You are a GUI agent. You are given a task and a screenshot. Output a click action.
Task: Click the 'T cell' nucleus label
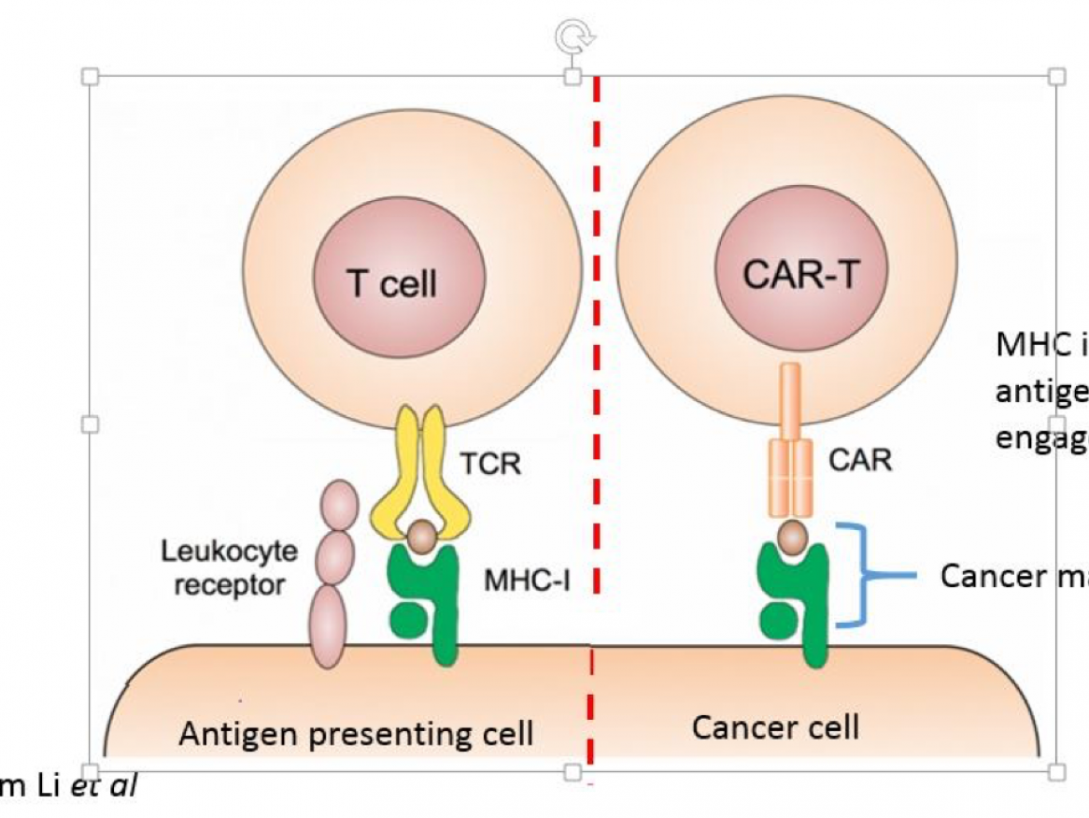point(392,282)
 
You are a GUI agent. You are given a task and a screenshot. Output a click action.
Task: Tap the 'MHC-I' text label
point(526,581)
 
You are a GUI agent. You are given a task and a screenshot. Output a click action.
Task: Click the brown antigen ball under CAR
point(793,538)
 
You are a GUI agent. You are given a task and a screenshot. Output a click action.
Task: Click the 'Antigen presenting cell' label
point(356,733)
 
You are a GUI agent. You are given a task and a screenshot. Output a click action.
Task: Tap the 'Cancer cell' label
point(775,726)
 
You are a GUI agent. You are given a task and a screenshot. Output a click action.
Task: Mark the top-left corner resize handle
point(91,76)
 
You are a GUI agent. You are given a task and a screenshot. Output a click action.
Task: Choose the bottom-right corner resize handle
point(1056,771)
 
